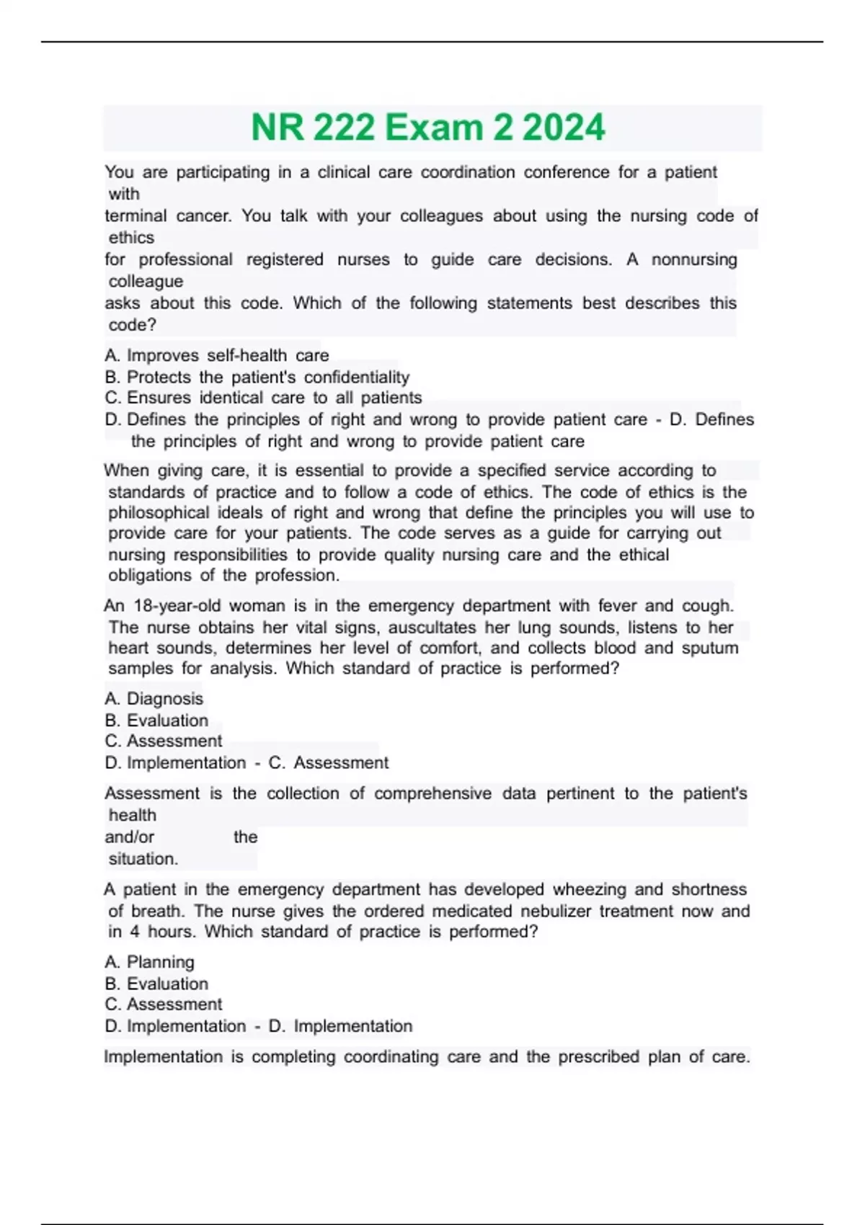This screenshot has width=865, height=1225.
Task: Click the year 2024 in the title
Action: (x=564, y=128)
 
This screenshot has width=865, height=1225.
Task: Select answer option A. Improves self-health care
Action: (x=216, y=355)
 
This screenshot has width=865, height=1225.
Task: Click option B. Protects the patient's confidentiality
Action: (x=257, y=377)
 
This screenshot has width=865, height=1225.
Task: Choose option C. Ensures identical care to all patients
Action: (x=263, y=398)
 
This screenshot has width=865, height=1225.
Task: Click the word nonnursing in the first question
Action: (x=694, y=259)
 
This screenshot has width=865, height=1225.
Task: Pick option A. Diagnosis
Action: (x=154, y=699)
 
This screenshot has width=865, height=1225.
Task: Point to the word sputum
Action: (x=709, y=649)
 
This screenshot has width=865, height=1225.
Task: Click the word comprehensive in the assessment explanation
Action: (x=432, y=793)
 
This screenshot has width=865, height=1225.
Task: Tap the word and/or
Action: (x=130, y=837)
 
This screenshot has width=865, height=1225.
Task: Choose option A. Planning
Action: (x=149, y=963)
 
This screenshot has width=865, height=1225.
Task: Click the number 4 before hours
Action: (x=135, y=932)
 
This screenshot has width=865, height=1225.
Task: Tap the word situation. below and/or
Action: (x=143, y=859)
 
